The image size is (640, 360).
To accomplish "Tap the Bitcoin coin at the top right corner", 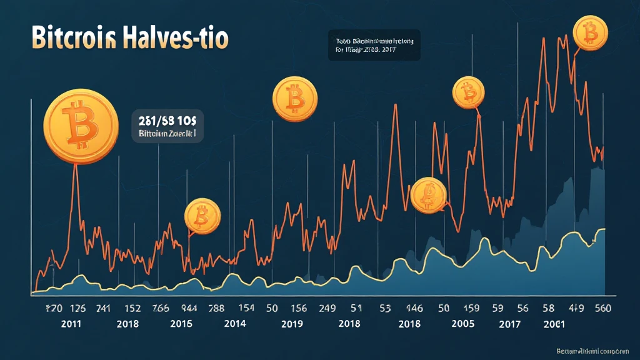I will [x=589, y=32].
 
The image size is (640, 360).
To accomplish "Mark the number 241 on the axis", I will [x=102, y=308].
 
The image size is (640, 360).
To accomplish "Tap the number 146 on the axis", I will [x=415, y=308].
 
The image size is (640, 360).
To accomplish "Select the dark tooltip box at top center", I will [x=374, y=46].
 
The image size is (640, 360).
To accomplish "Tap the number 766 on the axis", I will [x=160, y=308].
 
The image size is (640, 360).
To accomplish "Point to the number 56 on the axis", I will [x=522, y=308].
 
